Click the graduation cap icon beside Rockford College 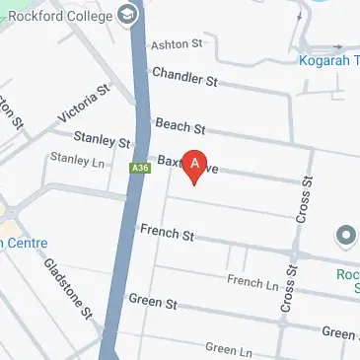128,15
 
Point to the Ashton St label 176,44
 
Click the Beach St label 180,125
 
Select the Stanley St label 103,141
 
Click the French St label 167,234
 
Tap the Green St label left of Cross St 152,300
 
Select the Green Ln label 228,349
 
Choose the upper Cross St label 303,200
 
